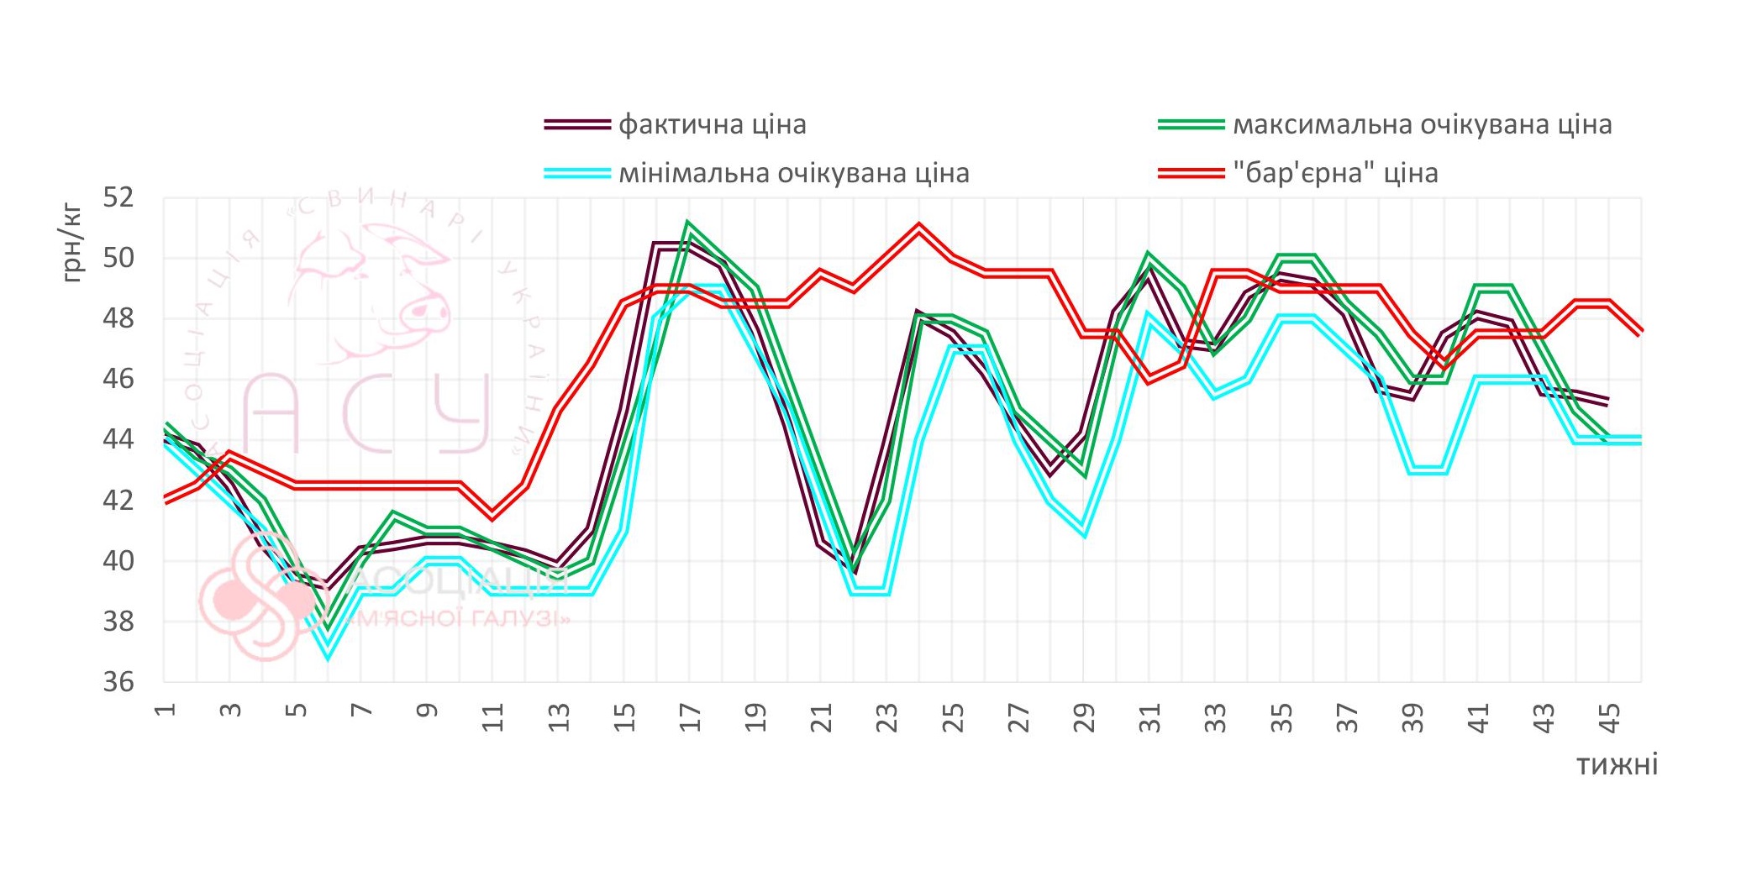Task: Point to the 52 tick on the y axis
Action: tap(118, 198)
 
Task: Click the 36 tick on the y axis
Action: tap(118, 681)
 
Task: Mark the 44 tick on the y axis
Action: tap(118, 439)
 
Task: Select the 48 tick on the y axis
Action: tap(118, 319)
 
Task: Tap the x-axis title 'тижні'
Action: tap(1616, 765)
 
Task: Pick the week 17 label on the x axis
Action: tap(690, 718)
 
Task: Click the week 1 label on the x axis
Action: tap(165, 710)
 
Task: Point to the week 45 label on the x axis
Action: tap(1608, 718)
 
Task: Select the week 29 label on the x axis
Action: tap(1084, 718)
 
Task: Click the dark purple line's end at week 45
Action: tap(1607, 401)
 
